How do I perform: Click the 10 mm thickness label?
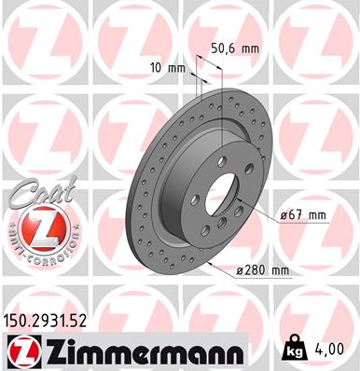pos(168,68)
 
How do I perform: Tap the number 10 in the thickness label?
pos(157,68)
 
